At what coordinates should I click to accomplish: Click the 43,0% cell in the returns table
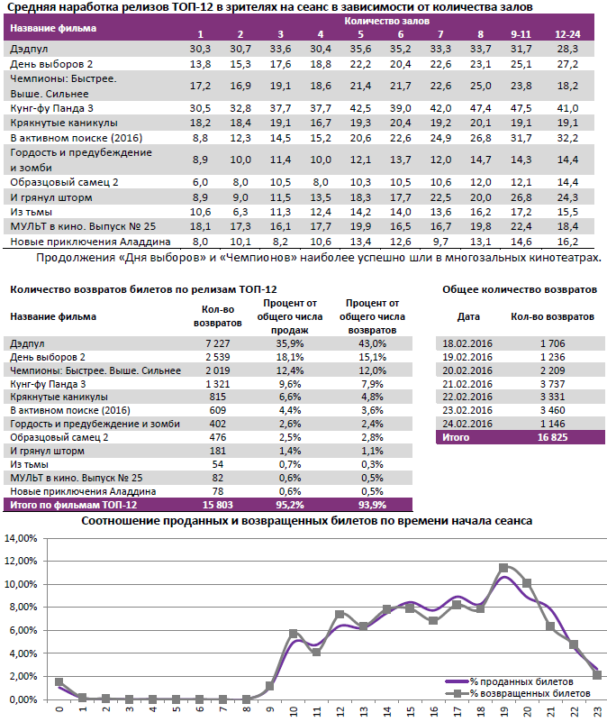tap(372, 343)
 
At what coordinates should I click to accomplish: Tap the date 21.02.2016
tap(467, 382)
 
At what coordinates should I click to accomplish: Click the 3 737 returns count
tap(552, 382)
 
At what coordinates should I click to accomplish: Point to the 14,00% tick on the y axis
tap(23, 538)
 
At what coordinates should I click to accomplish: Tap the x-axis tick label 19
tap(503, 712)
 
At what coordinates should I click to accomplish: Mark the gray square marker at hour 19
tap(503, 568)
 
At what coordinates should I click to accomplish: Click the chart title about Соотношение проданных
tap(307, 521)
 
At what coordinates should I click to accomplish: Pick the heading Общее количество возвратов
tap(520, 290)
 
